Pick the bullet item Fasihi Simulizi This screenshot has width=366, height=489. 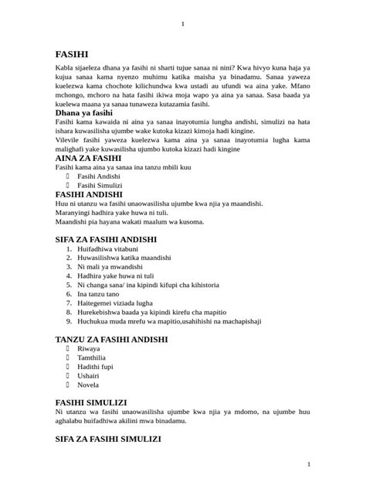[100, 186]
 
